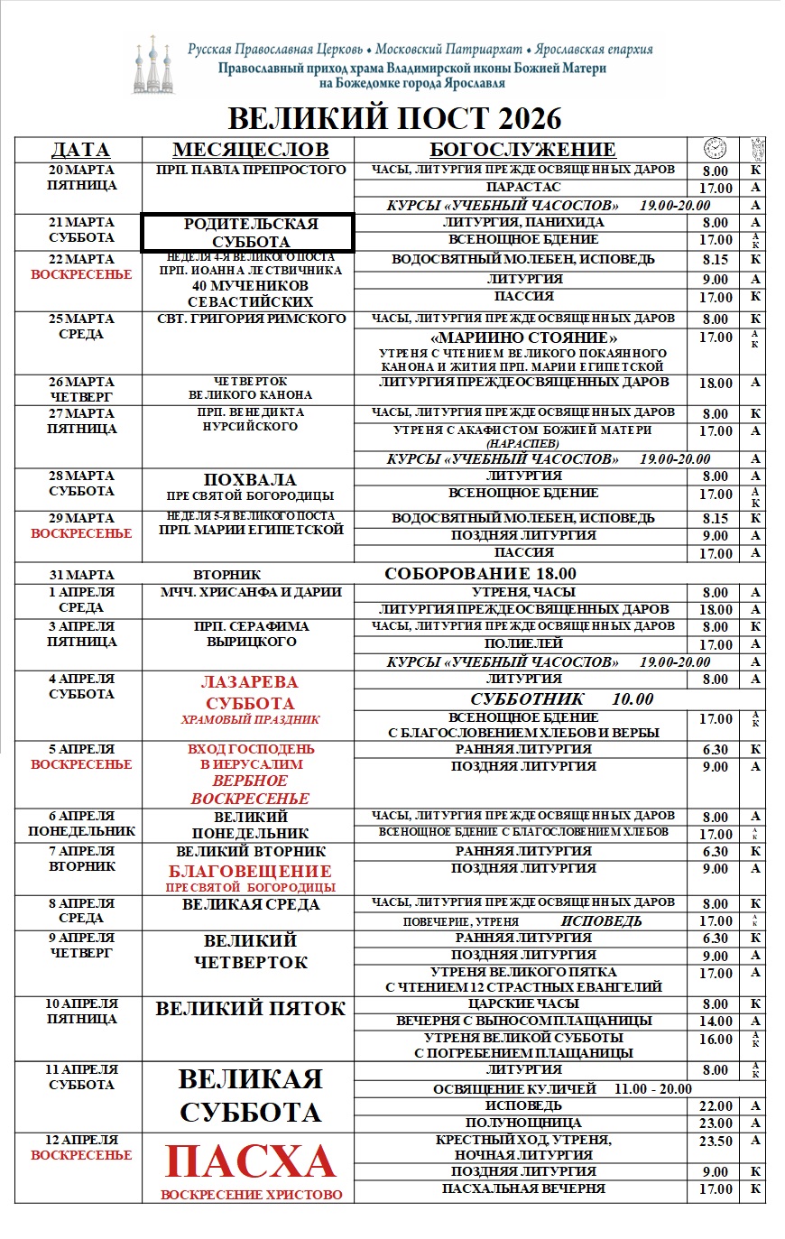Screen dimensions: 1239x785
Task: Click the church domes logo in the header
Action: click(153, 65)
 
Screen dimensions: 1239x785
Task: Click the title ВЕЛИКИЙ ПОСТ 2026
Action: click(394, 118)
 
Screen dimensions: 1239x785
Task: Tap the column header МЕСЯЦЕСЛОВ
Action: click(250, 150)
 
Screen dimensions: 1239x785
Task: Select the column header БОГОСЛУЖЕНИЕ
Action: click(522, 150)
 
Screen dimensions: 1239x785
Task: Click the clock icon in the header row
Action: click(715, 149)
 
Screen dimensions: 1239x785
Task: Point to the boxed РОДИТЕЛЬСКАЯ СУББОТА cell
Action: click(246, 233)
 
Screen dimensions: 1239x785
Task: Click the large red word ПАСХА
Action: click(251, 1162)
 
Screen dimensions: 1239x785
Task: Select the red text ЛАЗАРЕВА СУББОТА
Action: click(250, 693)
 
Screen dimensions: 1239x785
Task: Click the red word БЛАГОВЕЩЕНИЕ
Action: click(250, 871)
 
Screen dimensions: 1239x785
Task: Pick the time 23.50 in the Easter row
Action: click(716, 1142)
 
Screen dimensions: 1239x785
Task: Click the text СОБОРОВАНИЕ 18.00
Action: click(480, 574)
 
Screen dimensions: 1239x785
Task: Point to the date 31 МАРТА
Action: click(81, 575)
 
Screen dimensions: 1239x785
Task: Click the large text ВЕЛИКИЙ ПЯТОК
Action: click(250, 1009)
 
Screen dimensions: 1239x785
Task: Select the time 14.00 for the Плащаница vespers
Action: click(716, 1022)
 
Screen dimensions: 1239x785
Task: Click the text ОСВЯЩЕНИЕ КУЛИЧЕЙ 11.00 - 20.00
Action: click(562, 1089)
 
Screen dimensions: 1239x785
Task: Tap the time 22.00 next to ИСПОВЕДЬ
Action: click(716, 1106)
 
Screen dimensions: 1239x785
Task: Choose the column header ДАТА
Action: click(80, 150)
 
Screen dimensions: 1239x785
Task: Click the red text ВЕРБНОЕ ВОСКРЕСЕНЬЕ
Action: click(250, 790)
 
